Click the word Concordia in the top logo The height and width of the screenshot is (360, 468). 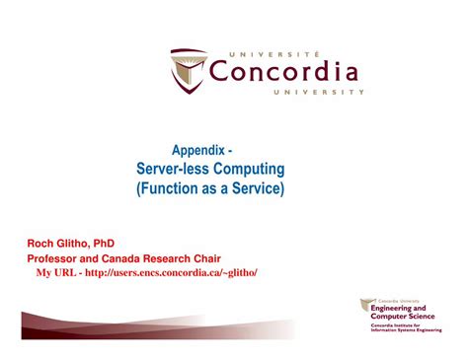[x=284, y=72]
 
